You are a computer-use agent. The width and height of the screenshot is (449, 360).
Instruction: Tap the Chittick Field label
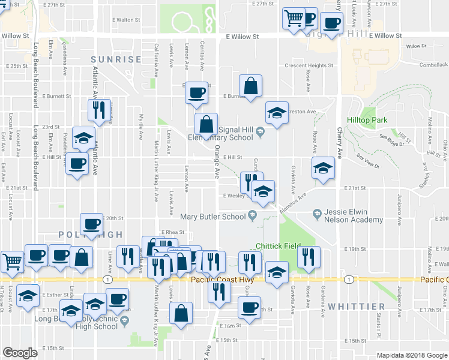click(277, 246)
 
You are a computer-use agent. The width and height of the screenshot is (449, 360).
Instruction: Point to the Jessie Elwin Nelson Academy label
click(353, 216)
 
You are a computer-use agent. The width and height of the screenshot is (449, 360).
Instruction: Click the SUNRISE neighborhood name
click(116, 59)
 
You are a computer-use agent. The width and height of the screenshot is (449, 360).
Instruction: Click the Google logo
click(20, 353)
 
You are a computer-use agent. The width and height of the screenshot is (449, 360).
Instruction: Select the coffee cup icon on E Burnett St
click(197, 92)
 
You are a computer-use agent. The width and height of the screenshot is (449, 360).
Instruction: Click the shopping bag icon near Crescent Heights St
click(251, 85)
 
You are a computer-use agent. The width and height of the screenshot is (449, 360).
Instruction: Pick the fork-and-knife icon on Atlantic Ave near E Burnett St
click(99, 110)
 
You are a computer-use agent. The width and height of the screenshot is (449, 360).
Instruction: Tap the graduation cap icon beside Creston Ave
click(276, 113)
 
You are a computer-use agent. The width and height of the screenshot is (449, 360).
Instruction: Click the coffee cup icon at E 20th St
click(91, 224)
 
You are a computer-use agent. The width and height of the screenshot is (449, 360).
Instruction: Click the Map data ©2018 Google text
click(411, 355)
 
